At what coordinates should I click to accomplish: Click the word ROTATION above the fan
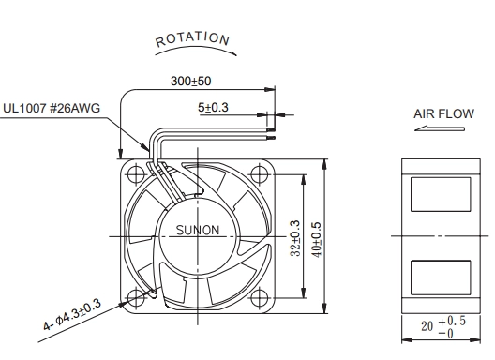click(x=192, y=38)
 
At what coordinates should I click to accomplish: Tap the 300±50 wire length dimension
click(x=190, y=82)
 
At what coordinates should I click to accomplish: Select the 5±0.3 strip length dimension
click(x=213, y=108)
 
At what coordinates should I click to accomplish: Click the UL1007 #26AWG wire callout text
click(x=52, y=109)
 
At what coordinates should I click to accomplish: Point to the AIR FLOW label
click(x=443, y=114)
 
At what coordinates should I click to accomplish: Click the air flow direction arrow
click(x=440, y=128)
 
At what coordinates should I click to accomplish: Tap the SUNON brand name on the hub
click(x=198, y=230)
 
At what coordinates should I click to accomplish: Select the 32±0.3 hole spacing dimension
click(x=295, y=238)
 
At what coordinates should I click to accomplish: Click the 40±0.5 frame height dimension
click(x=317, y=240)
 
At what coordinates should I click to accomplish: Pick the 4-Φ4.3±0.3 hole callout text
click(x=72, y=315)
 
